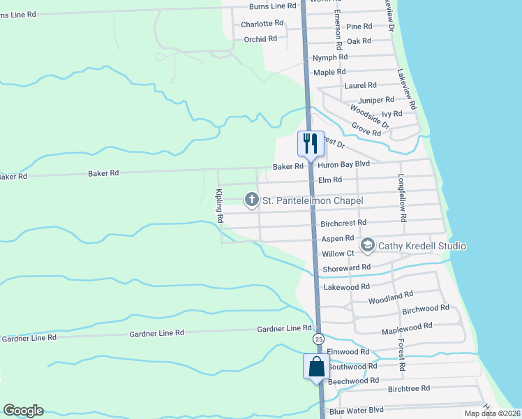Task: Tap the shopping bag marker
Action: coord(316,367)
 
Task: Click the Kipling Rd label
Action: coord(219,206)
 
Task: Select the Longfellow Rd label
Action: coord(402,198)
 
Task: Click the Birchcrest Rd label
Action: coord(343,223)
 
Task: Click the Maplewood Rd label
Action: coord(407,326)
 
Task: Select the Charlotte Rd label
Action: coord(262,23)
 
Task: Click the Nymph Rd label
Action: coord(330,57)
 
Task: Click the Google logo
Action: coord(23,411)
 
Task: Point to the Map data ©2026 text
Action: coord(491,413)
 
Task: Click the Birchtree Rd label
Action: coord(409,388)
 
